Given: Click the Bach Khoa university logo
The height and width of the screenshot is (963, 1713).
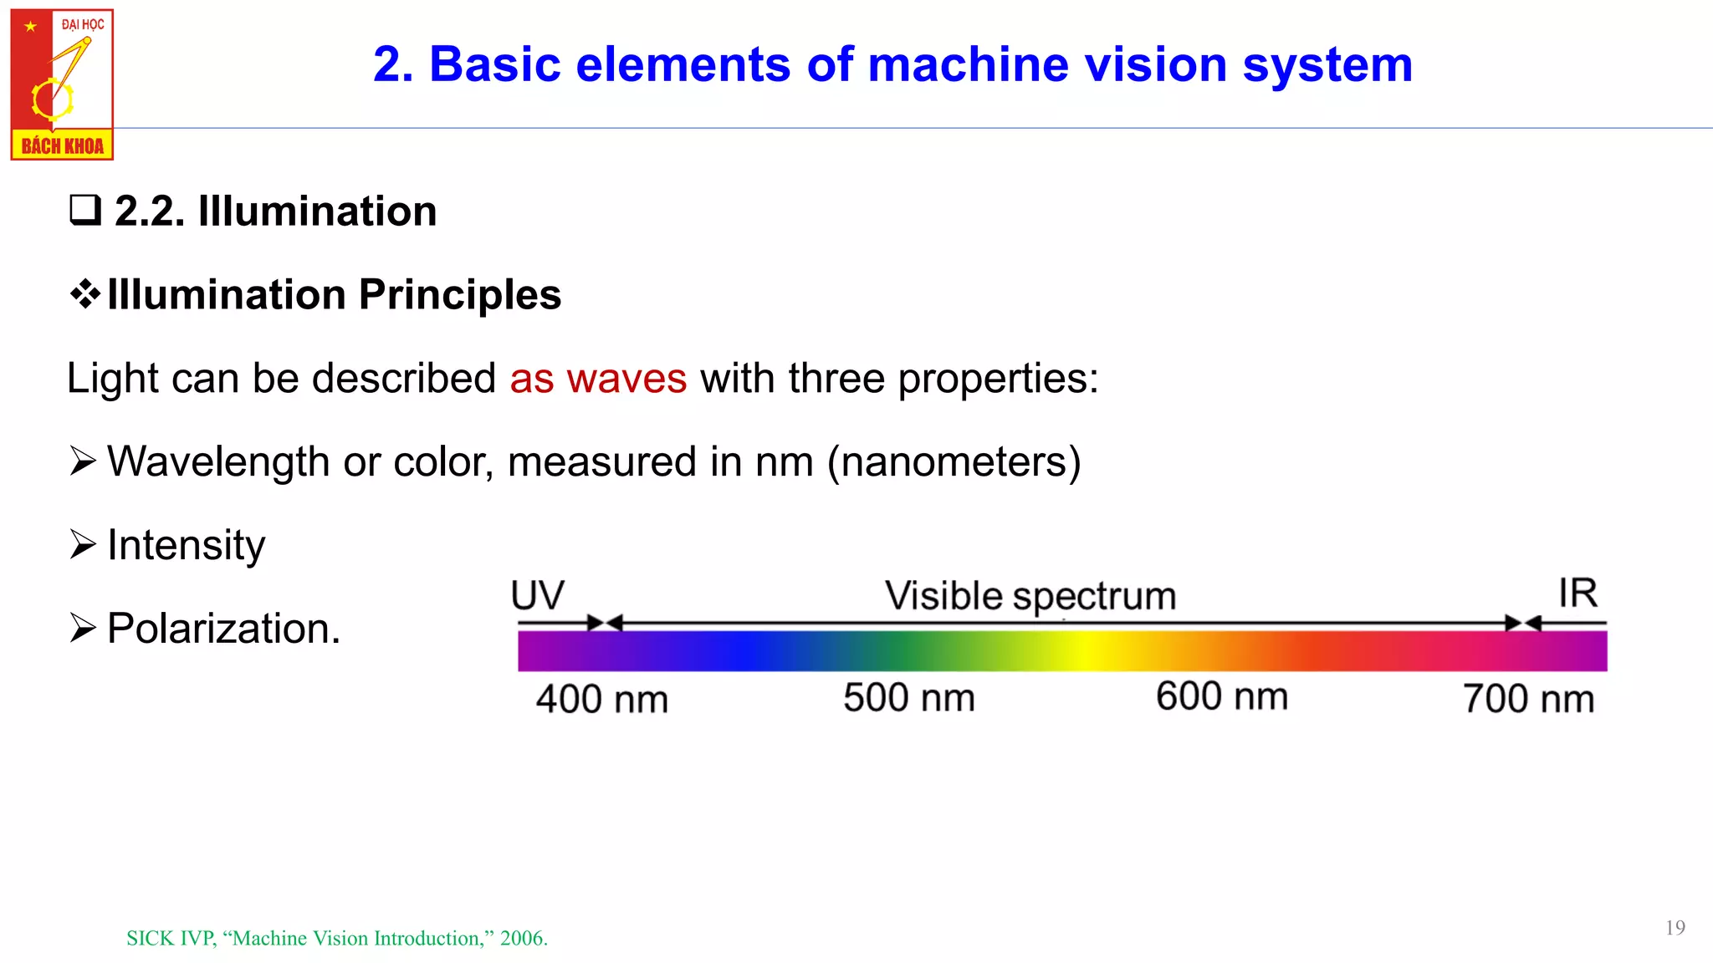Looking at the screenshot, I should point(62,84).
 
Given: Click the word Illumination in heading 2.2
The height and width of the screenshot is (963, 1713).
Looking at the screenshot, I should point(317,211).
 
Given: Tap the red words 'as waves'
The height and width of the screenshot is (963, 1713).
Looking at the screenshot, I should point(598,378).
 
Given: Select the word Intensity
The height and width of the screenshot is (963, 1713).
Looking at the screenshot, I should point(186,545).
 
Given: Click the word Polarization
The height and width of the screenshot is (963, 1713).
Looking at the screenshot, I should point(222,629).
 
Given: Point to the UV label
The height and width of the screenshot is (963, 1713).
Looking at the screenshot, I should point(538,596).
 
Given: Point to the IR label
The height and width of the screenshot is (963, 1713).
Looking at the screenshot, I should point(1577,594).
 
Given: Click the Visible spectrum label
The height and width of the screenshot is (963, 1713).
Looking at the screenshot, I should point(1030,597).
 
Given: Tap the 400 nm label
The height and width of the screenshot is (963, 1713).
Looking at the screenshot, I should point(602,699).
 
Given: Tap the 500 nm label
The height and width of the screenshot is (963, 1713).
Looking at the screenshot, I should point(909,697).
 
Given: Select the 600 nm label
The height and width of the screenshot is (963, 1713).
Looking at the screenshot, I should point(1222,695).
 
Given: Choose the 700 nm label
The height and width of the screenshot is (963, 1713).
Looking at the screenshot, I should point(1529,699).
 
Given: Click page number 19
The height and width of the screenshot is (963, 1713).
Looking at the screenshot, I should point(1675,928).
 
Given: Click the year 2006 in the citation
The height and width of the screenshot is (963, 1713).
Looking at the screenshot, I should point(522,939).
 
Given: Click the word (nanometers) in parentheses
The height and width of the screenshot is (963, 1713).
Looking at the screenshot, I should point(954,461).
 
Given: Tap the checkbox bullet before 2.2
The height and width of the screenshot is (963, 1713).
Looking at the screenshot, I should point(84,210).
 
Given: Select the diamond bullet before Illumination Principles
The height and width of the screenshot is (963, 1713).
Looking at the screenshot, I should point(84,294).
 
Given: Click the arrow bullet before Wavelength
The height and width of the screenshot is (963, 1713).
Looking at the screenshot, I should point(83,461).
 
